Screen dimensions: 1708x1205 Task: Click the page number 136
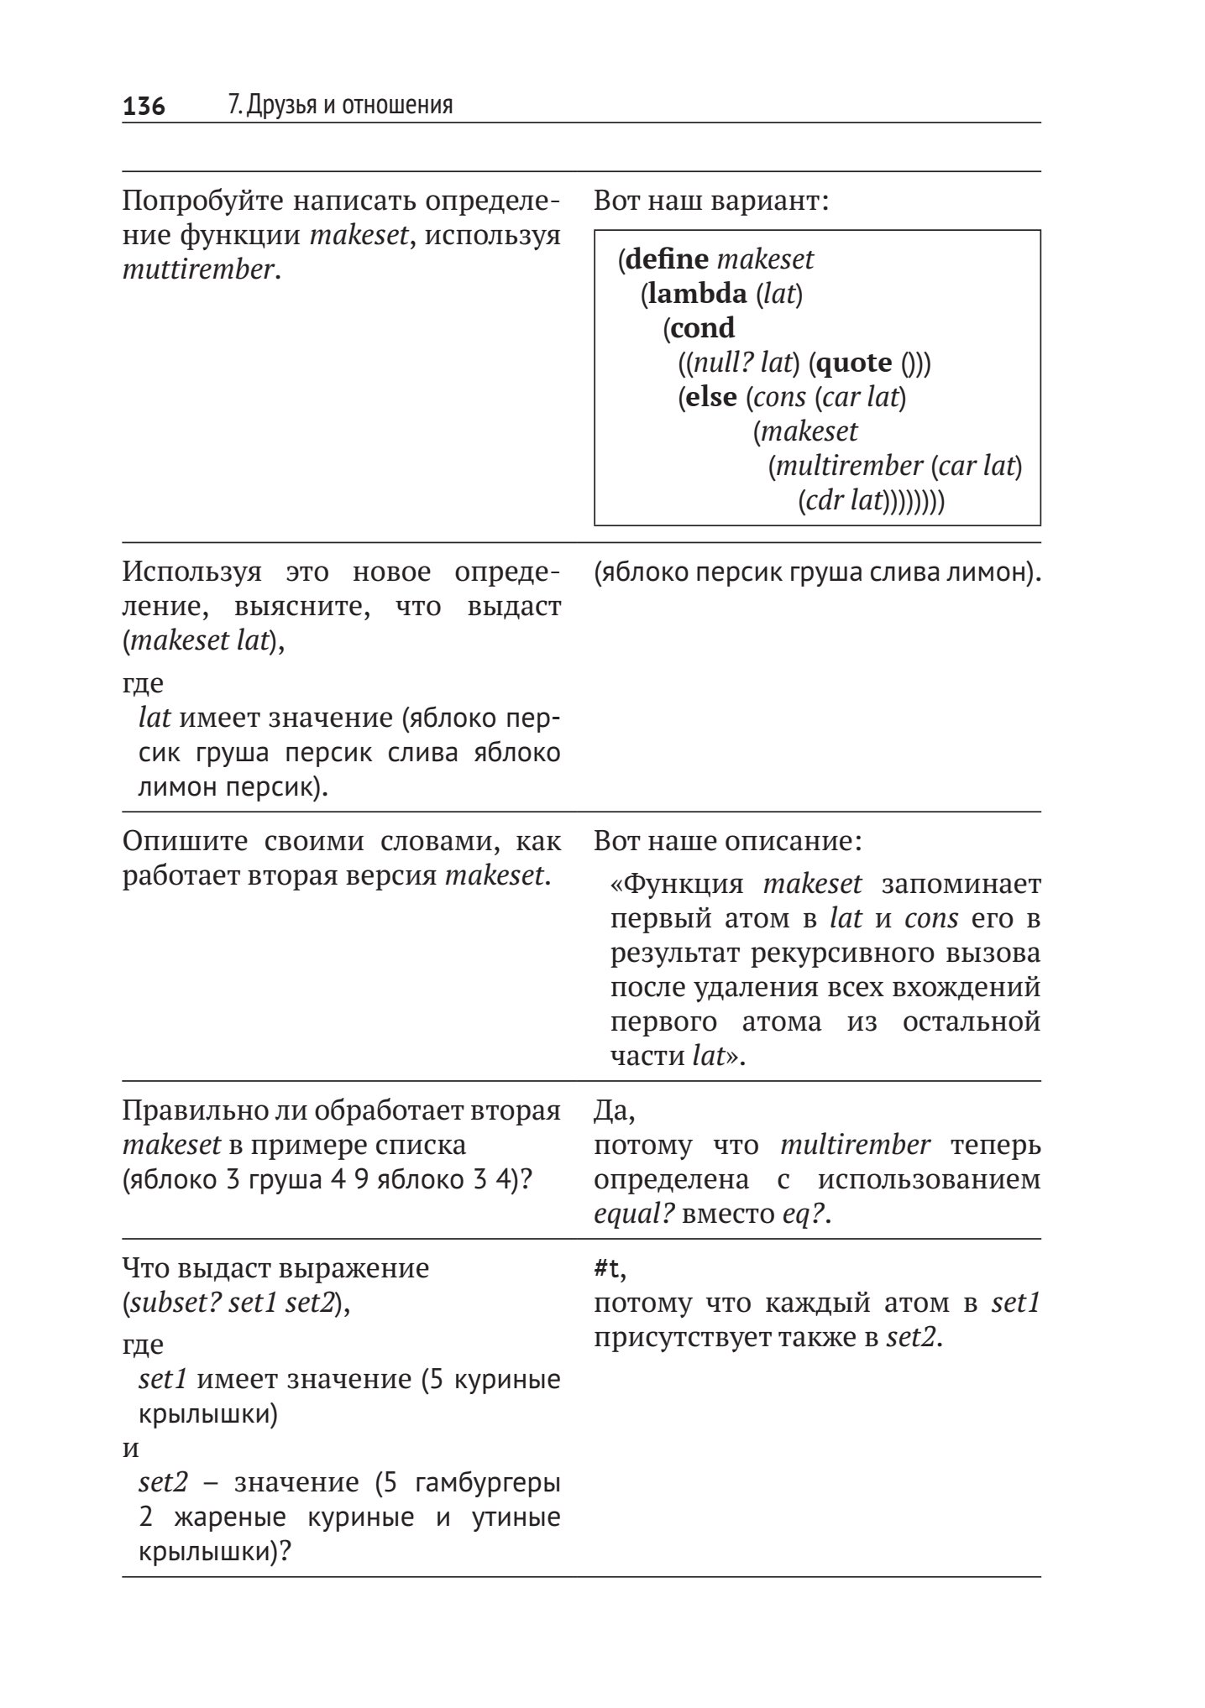pos(144,107)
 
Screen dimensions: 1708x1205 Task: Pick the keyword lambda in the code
pos(697,294)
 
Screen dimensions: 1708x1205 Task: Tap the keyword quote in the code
pos(854,363)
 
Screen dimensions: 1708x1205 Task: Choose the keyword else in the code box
pos(711,397)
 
